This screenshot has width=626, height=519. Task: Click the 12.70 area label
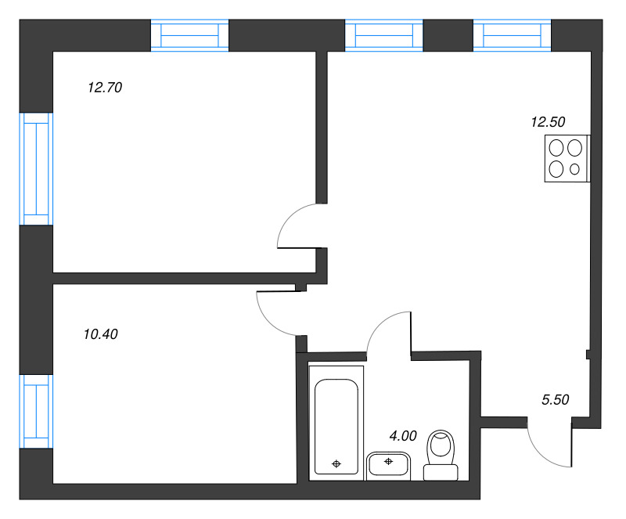106,88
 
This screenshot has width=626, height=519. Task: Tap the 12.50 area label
548,121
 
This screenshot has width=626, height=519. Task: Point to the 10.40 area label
100,334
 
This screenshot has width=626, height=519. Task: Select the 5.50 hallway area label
555,399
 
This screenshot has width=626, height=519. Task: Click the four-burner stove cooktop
566,159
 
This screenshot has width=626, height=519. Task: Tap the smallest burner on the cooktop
576,168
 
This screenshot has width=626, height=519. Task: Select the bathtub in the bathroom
336,427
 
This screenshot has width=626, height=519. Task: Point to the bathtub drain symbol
336,463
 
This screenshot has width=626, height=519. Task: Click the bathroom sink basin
389,463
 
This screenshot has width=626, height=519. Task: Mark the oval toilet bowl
441,447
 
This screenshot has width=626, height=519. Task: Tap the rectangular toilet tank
441,472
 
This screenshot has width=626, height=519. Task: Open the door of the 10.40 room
275,312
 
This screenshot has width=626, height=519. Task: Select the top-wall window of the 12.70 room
189,37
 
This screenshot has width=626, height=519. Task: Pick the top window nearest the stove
512,37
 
